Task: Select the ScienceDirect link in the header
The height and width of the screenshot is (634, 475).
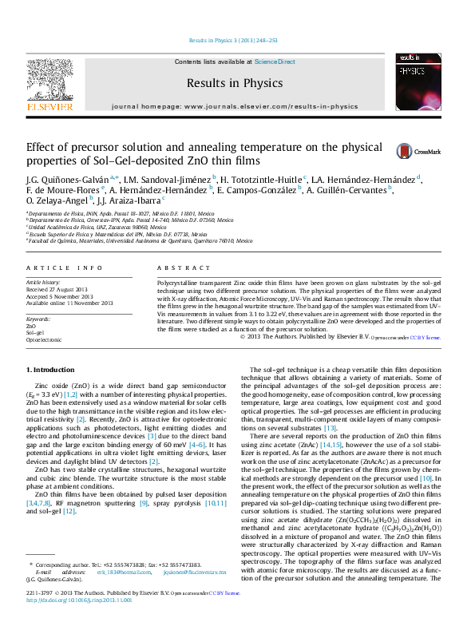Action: [275, 61]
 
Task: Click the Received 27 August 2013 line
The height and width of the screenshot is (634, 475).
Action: [65, 290]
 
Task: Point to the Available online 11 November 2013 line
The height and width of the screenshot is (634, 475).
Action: [70, 303]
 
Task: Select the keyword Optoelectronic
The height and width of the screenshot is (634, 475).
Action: [44, 339]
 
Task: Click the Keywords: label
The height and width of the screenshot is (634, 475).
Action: [39, 319]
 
